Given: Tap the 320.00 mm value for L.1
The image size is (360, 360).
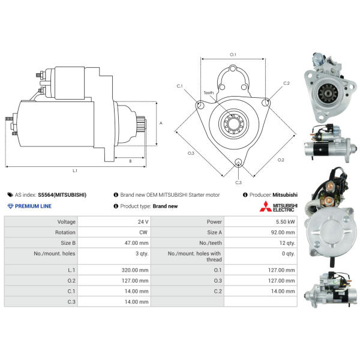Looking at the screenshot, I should tap(134, 270).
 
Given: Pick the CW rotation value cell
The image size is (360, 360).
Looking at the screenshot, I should tap(143, 232).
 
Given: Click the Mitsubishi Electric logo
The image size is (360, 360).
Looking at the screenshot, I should tap(277, 208).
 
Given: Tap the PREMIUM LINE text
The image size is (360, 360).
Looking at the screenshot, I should tap(33, 206).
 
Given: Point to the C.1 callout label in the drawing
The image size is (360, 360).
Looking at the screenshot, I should tap(179, 86).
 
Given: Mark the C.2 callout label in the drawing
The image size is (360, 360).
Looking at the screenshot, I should tap(286, 83).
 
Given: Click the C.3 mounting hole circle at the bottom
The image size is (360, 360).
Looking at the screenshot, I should tap(238, 162).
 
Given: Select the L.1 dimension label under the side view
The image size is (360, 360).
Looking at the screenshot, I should tap(75, 171).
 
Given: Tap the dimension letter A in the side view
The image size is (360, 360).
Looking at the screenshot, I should tap(161, 123).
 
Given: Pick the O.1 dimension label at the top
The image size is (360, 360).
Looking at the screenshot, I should tap(233, 55).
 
